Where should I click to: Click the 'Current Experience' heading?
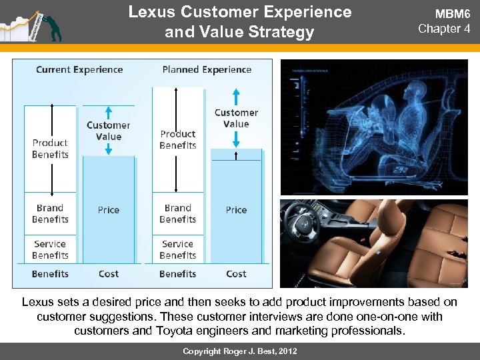point(79,69)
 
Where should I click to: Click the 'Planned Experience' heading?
point(207,69)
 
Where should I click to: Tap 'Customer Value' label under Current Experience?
point(108,131)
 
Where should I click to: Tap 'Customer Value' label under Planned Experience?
point(236,118)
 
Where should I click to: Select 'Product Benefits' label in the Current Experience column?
point(50,149)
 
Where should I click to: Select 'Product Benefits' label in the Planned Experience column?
point(178,139)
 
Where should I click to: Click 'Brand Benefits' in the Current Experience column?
point(50,213)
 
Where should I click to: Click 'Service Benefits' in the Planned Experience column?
point(178,249)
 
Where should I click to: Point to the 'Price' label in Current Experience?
point(108,210)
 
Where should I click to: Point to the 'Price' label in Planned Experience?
point(236,210)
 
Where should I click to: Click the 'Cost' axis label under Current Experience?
point(108,273)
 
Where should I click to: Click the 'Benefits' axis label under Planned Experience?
point(178,273)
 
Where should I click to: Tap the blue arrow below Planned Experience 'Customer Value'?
point(236,138)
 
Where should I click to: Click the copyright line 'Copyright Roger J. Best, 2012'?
point(240,351)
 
